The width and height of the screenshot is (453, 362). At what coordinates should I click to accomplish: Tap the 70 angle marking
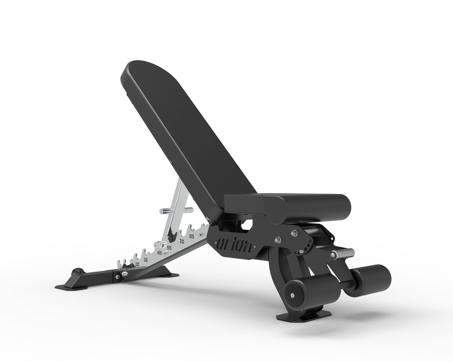tap(182, 242)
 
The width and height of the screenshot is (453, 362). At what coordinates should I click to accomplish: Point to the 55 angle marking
tap(169, 248)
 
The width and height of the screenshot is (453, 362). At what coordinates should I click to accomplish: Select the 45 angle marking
tap(160, 253)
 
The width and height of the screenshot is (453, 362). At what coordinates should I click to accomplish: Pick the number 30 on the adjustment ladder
tap(145, 260)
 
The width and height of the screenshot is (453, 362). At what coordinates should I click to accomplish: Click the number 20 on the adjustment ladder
tap(137, 264)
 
